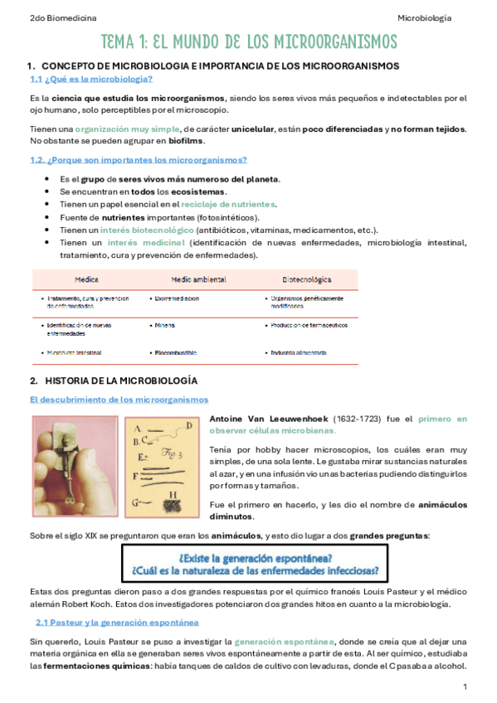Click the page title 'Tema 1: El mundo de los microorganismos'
248,41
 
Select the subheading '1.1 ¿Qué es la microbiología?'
90,80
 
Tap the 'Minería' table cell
164,326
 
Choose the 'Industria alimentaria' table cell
299,353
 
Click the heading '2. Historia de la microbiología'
119,381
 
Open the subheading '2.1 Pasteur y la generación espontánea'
117,622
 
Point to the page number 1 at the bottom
465,687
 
